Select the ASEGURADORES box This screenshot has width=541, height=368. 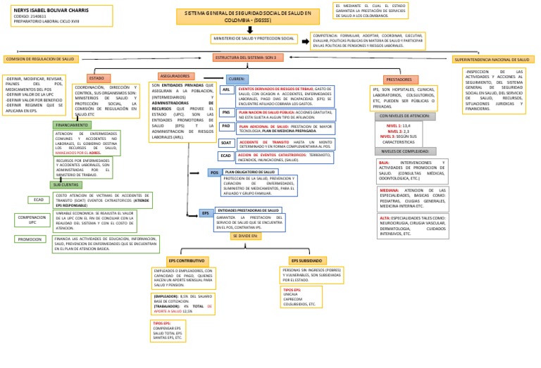(175, 76)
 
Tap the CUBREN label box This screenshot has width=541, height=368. (237, 80)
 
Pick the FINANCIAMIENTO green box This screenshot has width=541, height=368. (72, 125)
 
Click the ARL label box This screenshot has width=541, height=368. (226, 90)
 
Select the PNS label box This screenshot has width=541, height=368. (226, 113)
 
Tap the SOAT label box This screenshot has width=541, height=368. (226, 142)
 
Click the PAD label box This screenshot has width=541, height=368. (226, 127)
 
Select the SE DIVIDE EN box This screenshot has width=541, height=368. (245, 236)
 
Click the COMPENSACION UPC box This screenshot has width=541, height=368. (32, 221)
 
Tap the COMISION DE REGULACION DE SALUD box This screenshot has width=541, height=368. (41, 60)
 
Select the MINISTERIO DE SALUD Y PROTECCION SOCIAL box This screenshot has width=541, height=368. (254, 38)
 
